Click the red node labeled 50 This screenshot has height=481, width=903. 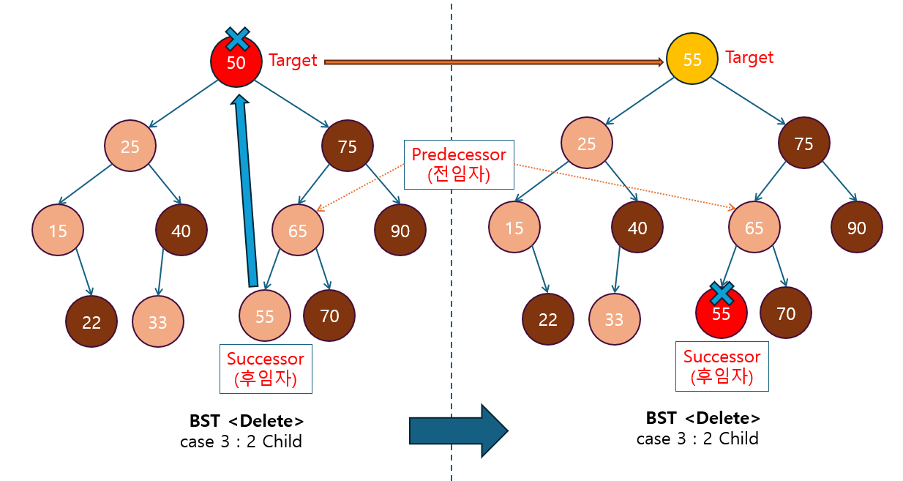(x=236, y=64)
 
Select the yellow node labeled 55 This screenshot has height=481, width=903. (x=692, y=60)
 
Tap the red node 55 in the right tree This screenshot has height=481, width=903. (x=722, y=315)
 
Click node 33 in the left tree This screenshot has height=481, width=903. (x=158, y=322)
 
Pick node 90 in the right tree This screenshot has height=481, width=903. (x=856, y=228)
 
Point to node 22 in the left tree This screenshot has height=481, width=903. (x=91, y=322)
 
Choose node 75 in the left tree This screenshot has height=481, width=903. (x=348, y=147)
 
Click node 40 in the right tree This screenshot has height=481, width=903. (x=637, y=228)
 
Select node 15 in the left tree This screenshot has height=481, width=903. (x=58, y=231)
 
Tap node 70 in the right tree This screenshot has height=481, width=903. (x=786, y=314)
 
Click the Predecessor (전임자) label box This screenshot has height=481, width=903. (x=459, y=165)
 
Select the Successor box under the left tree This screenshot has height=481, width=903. (x=265, y=369)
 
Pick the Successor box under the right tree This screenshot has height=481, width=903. (x=722, y=366)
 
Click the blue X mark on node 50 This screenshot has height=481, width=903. (x=236, y=38)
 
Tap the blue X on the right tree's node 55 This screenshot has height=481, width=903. (x=722, y=293)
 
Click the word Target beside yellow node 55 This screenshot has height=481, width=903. (x=749, y=57)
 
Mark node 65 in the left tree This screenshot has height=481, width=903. (x=298, y=231)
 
